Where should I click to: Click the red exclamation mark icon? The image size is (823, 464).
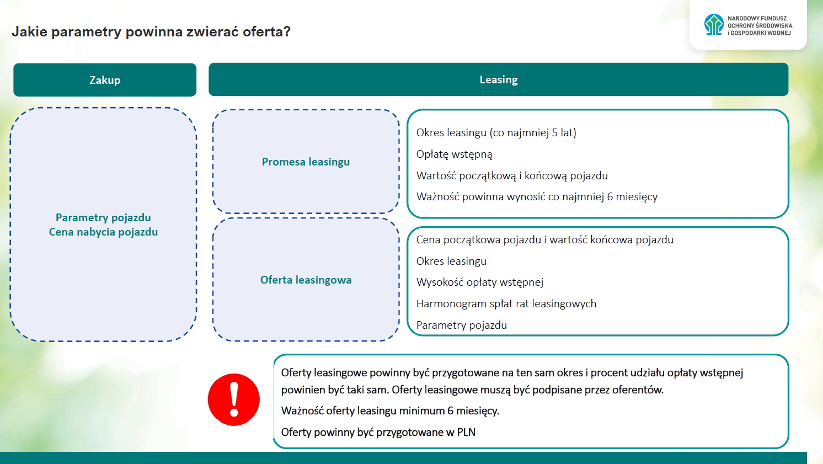(x=234, y=399)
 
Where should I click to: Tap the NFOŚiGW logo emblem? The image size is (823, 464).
(x=714, y=25)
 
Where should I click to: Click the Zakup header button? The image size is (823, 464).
(x=105, y=80)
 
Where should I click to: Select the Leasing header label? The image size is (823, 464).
(x=499, y=79)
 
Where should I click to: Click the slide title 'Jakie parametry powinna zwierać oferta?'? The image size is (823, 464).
(x=151, y=31)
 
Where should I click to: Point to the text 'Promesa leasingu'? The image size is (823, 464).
(x=306, y=162)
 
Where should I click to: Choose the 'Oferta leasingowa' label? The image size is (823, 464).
(x=306, y=280)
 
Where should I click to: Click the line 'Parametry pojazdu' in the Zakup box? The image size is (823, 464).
(x=103, y=217)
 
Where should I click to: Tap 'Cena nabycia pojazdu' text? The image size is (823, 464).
(x=103, y=232)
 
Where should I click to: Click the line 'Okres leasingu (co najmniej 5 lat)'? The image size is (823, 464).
(x=496, y=132)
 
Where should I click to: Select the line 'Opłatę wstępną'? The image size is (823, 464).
(x=454, y=154)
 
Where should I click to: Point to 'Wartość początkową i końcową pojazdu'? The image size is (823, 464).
(x=512, y=175)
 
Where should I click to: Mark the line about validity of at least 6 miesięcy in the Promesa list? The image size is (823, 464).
(x=537, y=196)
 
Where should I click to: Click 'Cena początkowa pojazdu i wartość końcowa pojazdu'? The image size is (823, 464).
(x=544, y=239)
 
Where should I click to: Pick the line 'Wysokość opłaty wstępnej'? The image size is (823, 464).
(x=479, y=282)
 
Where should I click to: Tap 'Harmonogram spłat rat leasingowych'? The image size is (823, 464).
(x=506, y=303)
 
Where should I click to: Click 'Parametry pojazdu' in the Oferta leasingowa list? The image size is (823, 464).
(x=461, y=325)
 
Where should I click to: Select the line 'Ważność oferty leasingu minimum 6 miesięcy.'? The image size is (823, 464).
(x=390, y=410)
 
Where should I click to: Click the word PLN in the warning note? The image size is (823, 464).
(x=466, y=432)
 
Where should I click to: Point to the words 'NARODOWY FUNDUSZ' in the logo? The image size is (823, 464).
(x=757, y=18)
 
